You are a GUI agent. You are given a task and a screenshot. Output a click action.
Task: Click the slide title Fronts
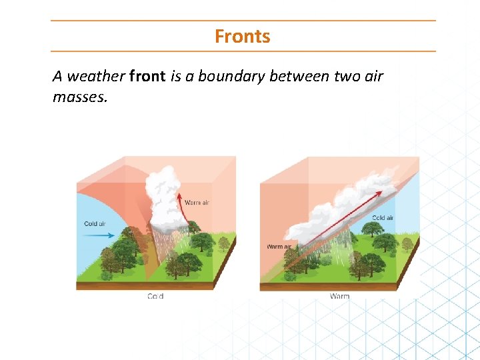(x=242, y=36)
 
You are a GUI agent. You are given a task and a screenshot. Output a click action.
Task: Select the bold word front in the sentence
(x=147, y=76)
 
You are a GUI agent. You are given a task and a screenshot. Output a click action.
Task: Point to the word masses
(x=79, y=97)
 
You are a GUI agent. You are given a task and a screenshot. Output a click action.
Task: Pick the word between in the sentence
(x=299, y=76)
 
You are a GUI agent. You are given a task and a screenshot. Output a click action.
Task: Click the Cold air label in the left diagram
(x=95, y=224)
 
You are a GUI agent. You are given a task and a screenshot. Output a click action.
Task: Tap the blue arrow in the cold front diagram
(x=99, y=235)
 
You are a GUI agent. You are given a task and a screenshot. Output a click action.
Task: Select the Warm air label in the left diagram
(x=197, y=203)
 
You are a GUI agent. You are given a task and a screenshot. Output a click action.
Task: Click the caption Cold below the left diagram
(x=155, y=296)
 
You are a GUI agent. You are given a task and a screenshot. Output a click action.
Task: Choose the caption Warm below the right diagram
(x=339, y=296)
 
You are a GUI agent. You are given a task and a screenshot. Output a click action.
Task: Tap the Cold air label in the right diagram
(x=383, y=218)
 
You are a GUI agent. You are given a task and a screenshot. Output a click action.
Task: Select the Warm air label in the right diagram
(x=279, y=247)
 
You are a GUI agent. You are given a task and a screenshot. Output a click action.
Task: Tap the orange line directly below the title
(x=243, y=51)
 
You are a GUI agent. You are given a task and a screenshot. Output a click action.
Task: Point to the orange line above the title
(x=243, y=21)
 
